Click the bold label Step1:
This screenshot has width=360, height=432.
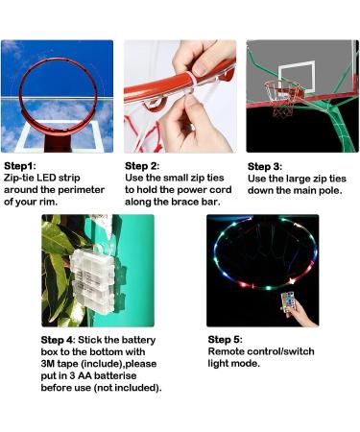point(22,166)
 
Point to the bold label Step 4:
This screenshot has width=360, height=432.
point(60,339)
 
